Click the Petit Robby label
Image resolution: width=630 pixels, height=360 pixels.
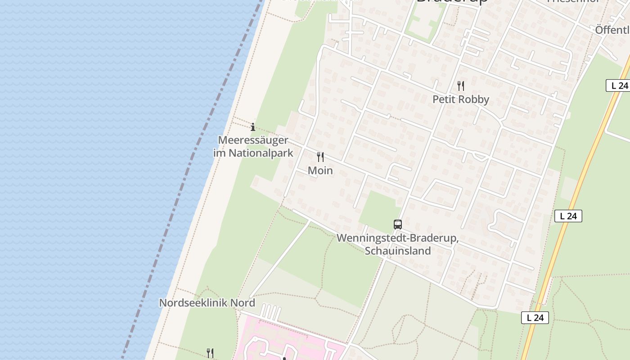point(460,99)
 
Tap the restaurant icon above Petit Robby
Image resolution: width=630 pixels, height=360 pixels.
point(460,85)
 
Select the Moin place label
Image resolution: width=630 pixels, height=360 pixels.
point(320,171)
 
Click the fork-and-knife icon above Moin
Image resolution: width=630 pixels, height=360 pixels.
point(320,157)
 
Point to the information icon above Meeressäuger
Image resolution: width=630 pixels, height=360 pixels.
point(253,127)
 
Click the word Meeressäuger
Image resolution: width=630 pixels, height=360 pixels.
point(253,140)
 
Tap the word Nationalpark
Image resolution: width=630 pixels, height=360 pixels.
point(261,153)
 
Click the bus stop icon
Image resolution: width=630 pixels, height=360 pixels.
point(397,224)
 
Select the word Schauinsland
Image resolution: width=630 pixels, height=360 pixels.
point(398,251)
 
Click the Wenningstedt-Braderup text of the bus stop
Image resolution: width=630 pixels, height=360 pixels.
point(397,238)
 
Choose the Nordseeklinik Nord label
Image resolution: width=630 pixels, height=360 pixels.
point(207,303)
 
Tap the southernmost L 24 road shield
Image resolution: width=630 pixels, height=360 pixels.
point(535,318)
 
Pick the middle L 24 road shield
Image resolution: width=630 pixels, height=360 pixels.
point(568,216)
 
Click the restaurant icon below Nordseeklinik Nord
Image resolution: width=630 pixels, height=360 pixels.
point(210,353)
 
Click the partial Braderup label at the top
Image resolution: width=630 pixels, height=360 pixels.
point(452,2)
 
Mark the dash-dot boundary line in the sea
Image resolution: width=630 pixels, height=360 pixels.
point(180,189)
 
